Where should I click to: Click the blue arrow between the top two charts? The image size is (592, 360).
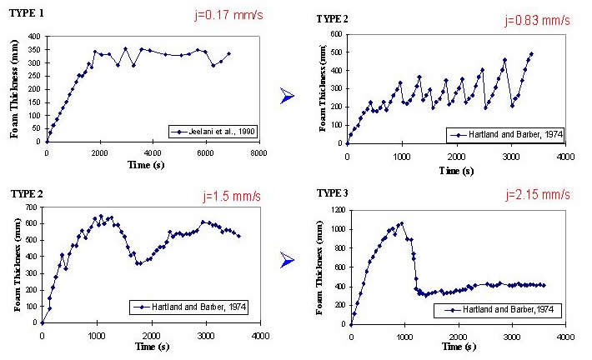(x=288, y=97)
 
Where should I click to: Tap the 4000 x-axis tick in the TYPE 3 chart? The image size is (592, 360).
(x=564, y=337)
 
